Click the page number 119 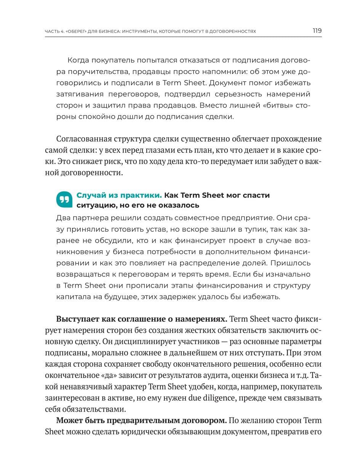point(317,31)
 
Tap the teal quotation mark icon point(64,199)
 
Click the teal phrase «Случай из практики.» point(119,195)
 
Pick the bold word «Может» point(69,421)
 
